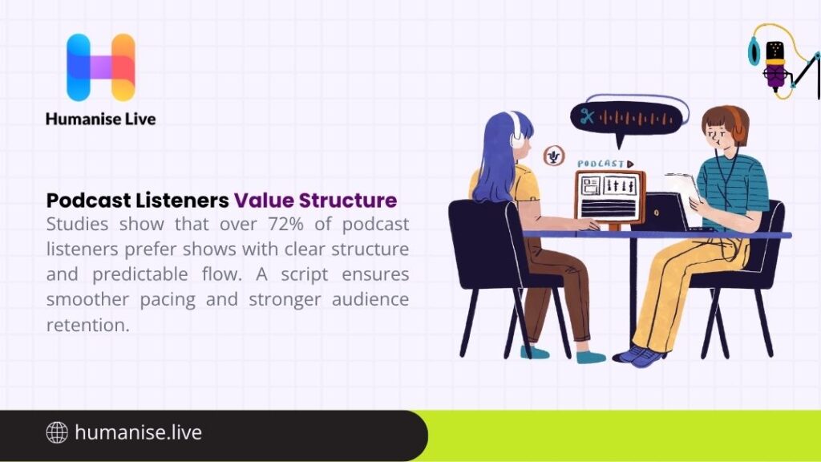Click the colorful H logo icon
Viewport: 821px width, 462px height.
tap(100, 67)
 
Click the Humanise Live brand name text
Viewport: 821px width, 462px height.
tap(100, 119)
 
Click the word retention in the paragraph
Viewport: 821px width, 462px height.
tap(87, 325)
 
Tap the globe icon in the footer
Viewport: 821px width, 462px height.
tap(57, 433)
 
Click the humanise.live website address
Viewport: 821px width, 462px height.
tap(138, 433)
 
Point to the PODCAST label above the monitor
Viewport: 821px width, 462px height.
tap(601, 164)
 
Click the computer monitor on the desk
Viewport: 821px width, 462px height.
tap(610, 197)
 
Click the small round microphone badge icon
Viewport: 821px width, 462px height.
tap(552, 156)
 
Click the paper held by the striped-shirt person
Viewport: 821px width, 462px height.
tap(681, 188)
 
